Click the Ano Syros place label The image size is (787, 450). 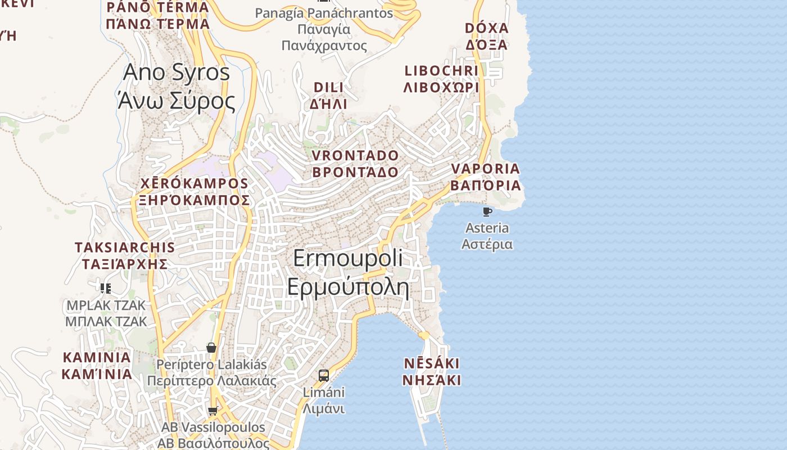pos(176,73)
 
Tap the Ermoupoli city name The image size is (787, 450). pos(348,258)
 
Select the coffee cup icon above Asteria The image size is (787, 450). pos(487,211)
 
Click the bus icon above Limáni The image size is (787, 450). pos(324,376)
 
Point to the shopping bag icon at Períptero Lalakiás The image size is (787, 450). pos(211,348)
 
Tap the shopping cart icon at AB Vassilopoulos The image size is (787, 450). pos(212,411)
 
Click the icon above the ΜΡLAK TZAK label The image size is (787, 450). pos(105,289)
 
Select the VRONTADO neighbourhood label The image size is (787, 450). pos(355,155)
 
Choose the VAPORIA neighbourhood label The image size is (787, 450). pos(485,169)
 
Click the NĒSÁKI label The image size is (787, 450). pos(431,363)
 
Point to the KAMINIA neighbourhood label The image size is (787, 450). pos(97,357)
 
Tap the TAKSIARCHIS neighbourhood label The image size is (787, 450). pos(125,247)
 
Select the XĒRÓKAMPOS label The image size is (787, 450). pos(194,183)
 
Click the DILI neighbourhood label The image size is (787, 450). pos(328,87)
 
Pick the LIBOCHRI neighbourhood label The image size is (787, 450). pos(441,71)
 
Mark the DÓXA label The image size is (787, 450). pos(486,28)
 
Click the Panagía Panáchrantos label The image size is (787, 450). pos(324,13)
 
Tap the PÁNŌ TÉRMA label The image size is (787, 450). pos(157,7)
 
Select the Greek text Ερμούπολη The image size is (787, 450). pos(348,286)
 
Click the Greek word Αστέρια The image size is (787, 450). pos(487,244)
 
